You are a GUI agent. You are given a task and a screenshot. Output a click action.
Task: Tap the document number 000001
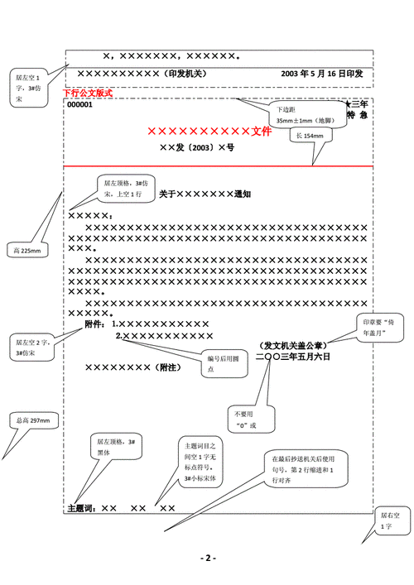click(79, 105)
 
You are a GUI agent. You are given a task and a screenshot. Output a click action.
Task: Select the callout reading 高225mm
click(27, 250)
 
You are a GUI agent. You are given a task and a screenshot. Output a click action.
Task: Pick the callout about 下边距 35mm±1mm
click(294, 115)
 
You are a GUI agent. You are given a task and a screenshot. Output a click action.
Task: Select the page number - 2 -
click(207, 557)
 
